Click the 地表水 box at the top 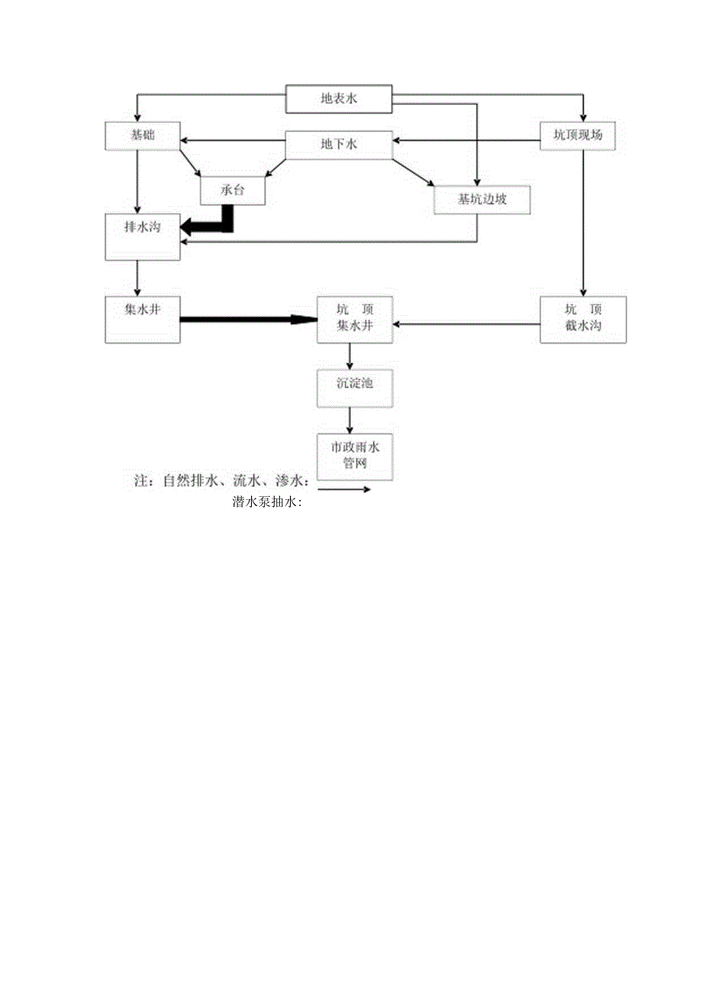click(338, 98)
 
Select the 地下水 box click(338, 143)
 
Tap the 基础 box click(142, 135)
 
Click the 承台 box click(233, 190)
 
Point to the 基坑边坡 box click(482, 199)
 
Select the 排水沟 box click(143, 237)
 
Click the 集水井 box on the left click(143, 320)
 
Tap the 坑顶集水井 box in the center click(355, 320)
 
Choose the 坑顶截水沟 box click(583, 320)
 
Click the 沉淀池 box click(355, 388)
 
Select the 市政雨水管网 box click(355, 456)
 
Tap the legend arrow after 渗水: click(342, 489)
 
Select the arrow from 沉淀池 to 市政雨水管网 click(350, 421)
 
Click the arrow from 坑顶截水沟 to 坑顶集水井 click(467, 324)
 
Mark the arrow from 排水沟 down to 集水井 click(137, 279)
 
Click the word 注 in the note click(140, 482)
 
